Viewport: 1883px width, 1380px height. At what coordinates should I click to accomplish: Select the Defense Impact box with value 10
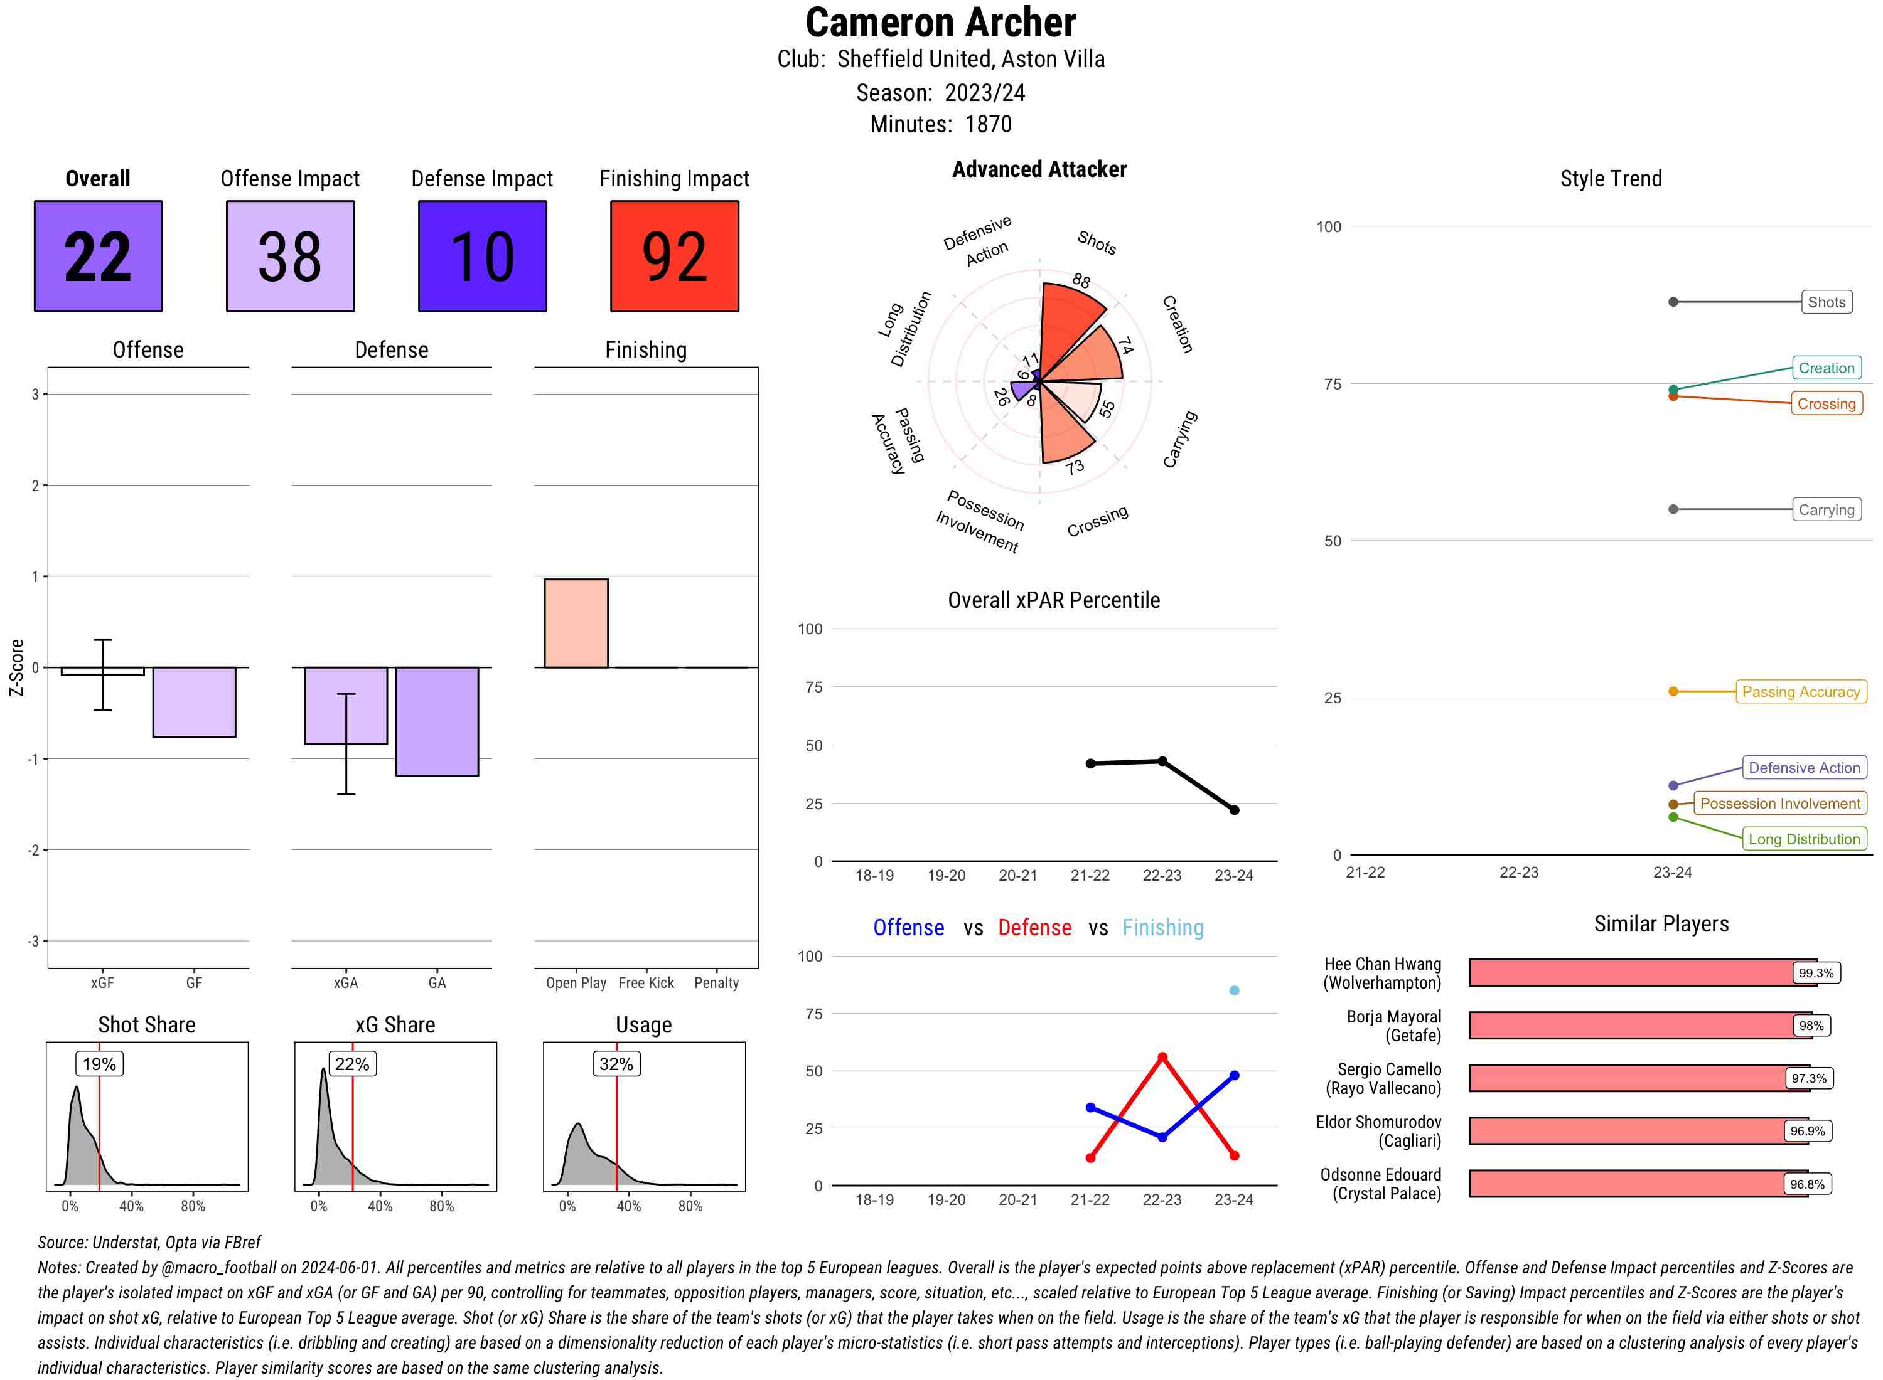click(x=482, y=256)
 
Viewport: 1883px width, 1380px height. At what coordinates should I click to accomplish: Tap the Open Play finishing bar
click(x=576, y=623)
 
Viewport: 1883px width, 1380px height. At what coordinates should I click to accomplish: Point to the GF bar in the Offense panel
click(x=194, y=702)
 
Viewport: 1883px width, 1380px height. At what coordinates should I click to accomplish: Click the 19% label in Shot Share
click(x=99, y=1063)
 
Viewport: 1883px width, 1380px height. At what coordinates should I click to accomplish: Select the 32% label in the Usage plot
click(x=616, y=1063)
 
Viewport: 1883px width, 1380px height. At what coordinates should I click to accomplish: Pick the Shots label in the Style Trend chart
click(x=1825, y=302)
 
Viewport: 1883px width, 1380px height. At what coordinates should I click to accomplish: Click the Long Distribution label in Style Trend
click(x=1804, y=839)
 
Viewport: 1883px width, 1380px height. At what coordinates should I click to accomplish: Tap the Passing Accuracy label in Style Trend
click(x=1800, y=692)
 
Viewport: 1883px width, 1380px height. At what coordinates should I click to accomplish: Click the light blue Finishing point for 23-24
click(x=1233, y=990)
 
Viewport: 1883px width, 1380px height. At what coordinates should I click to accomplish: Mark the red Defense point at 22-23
click(x=1162, y=1057)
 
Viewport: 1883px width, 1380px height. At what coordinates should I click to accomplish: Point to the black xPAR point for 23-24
click(x=1233, y=809)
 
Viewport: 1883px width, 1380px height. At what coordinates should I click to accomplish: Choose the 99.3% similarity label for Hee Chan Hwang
click(x=1815, y=973)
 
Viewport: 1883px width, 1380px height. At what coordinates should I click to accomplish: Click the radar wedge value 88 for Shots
click(x=1081, y=280)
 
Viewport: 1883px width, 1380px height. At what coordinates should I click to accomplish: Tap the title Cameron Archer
click(x=940, y=23)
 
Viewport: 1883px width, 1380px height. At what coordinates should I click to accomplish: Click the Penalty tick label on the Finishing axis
click(x=716, y=982)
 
